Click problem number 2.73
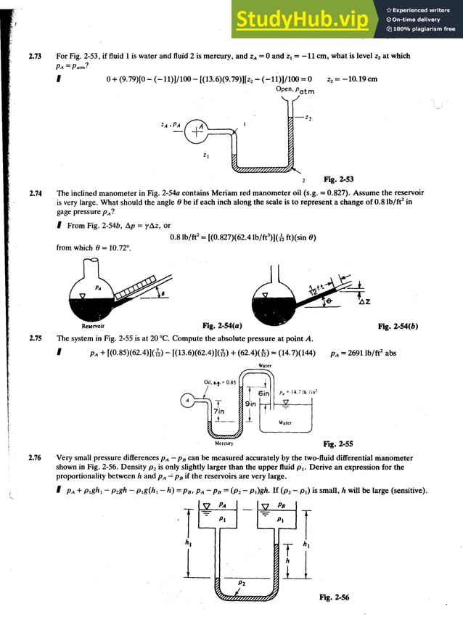35,56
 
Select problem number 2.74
35,193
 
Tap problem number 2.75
35,338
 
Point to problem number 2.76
35,459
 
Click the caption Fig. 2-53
338,179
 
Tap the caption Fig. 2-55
338,444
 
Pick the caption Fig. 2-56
334,597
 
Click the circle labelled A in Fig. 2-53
195,131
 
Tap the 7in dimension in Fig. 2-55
220,412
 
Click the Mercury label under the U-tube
224,442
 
